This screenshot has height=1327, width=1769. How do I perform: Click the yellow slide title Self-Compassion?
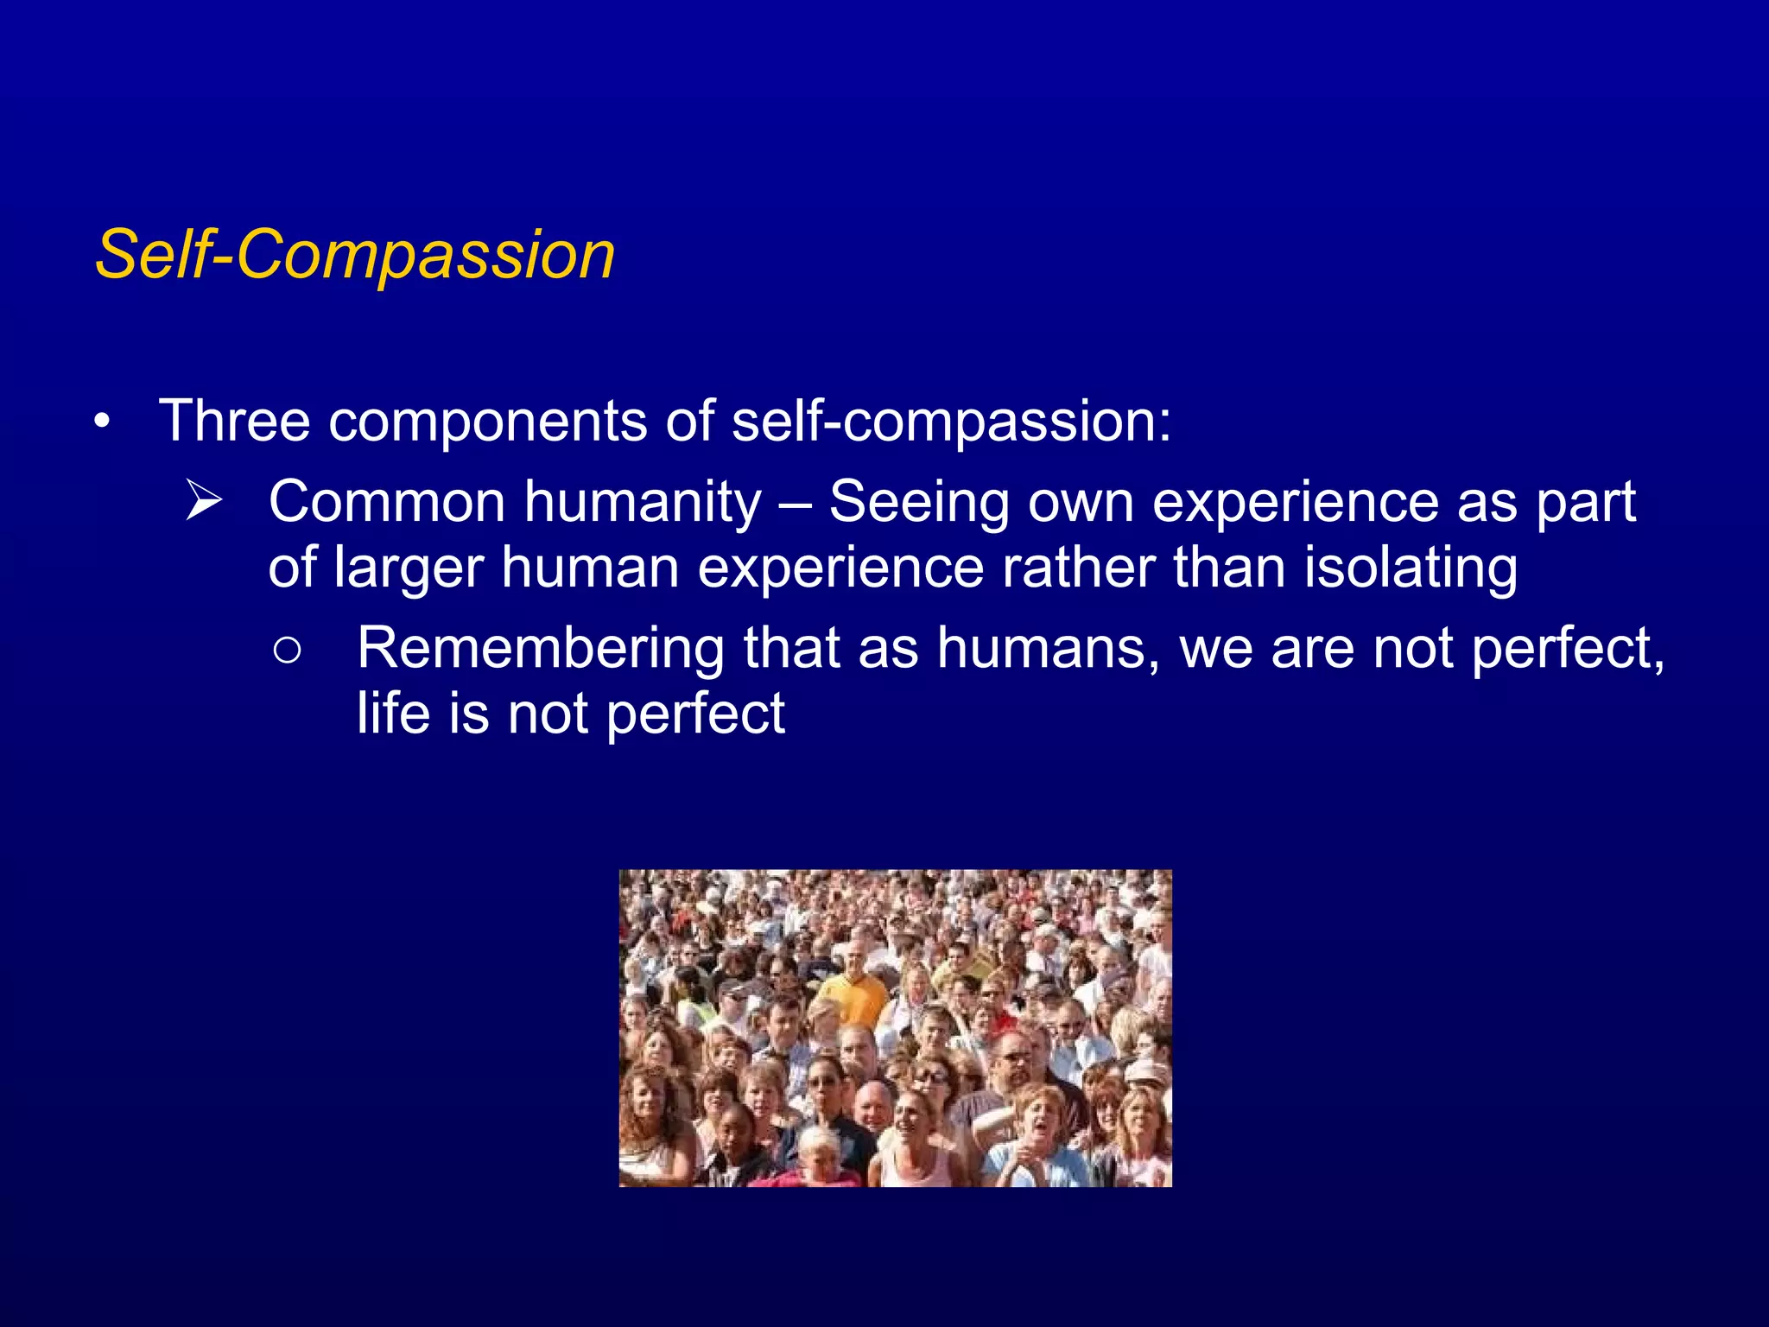point(354,255)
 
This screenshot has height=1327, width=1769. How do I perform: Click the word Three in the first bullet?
point(234,422)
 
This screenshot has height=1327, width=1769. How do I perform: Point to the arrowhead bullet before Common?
point(205,502)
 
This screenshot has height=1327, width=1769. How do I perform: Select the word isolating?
point(1410,568)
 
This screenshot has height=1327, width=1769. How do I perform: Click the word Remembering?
point(541,648)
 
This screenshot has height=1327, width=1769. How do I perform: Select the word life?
point(393,714)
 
